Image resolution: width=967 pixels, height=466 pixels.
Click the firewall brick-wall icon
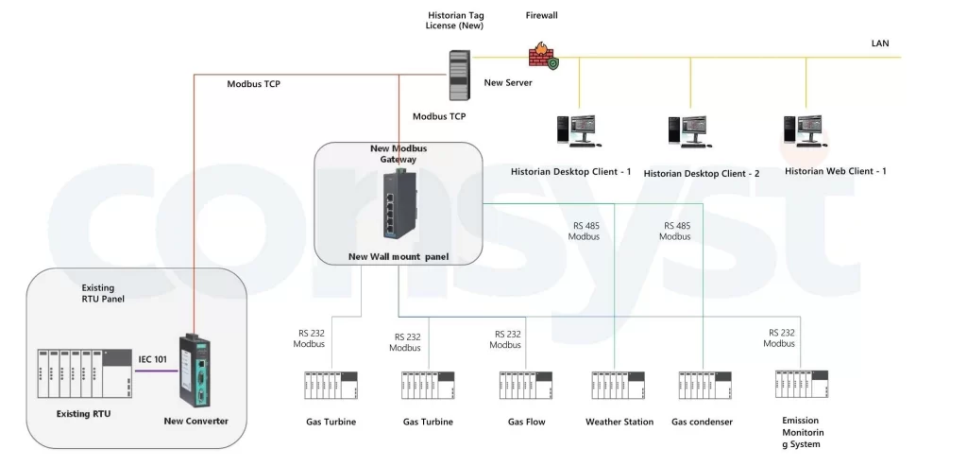click(542, 56)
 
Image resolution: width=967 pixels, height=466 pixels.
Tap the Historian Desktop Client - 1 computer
click(577, 131)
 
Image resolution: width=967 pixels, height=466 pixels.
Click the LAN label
click(879, 43)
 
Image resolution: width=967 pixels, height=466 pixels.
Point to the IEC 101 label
click(154, 359)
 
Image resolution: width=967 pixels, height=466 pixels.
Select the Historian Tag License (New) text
click(455, 20)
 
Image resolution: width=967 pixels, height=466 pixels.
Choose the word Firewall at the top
click(541, 15)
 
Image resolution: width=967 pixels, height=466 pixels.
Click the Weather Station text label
click(619, 422)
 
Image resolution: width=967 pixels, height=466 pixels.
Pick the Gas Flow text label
click(526, 422)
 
